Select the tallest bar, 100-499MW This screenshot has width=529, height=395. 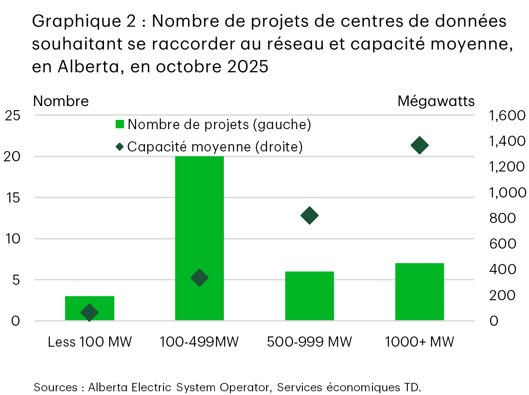(199, 218)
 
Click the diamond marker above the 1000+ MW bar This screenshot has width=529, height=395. (419, 145)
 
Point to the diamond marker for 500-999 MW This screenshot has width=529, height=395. (309, 215)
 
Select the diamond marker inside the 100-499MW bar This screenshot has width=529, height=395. (199, 278)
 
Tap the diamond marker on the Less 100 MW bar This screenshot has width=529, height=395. (90, 313)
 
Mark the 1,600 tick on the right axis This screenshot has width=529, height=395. (507, 116)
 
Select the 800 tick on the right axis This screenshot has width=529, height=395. (503, 218)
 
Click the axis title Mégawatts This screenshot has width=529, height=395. (436, 101)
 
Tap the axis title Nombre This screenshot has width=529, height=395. (61, 101)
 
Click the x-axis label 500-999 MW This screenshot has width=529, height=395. (309, 342)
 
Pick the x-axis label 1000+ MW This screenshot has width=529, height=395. (419, 342)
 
